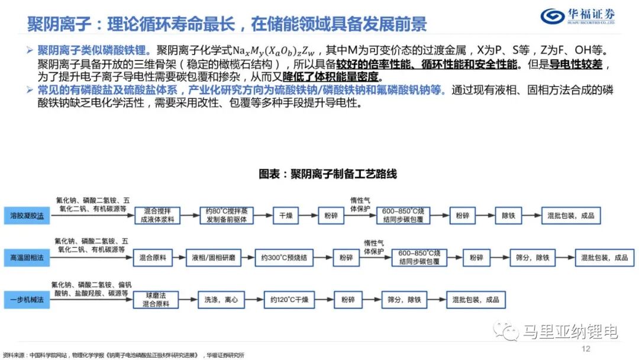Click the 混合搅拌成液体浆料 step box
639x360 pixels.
[156, 216]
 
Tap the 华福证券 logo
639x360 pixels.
[579, 16]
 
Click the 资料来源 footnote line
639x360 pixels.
[124, 355]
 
